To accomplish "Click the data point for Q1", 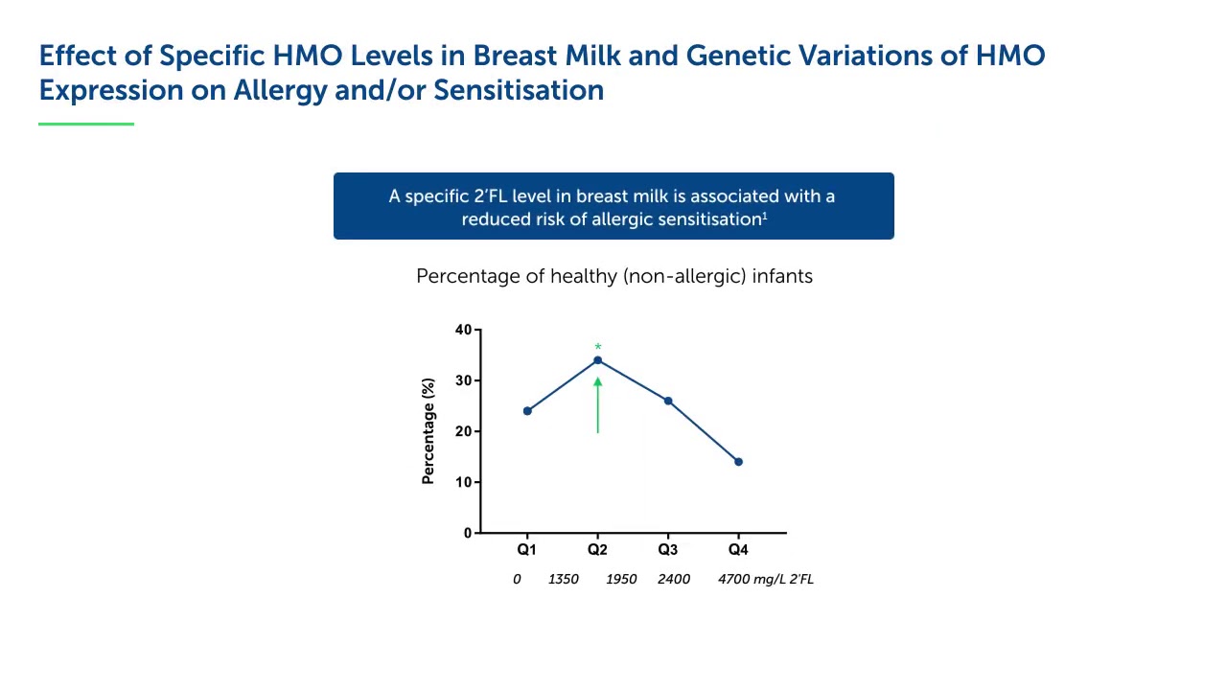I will (527, 411).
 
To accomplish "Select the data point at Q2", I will (598, 360).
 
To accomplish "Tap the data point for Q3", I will (668, 401).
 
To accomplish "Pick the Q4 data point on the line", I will (738, 462).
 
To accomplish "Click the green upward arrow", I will (598, 405).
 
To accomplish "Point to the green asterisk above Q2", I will (598, 348).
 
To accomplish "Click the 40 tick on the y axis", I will (464, 330).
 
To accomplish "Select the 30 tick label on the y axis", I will (464, 380).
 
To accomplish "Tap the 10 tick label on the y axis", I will (464, 482).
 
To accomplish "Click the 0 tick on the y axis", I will (468, 533).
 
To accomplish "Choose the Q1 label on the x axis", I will (527, 550).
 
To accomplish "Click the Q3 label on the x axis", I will (668, 550).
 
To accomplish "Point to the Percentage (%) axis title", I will (428, 431).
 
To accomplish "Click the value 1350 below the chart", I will (563, 579).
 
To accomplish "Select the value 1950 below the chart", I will (621, 579).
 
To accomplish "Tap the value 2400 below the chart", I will (674, 579).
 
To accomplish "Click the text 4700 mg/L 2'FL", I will (765, 579).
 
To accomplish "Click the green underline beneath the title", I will (86, 124).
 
